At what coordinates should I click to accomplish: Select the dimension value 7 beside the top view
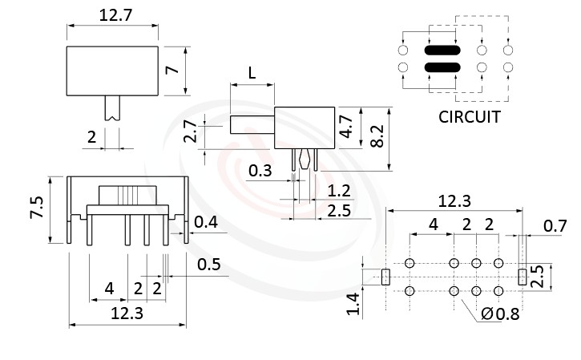click(171, 70)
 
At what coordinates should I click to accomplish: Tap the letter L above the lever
click(252, 73)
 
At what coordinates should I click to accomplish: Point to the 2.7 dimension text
click(190, 131)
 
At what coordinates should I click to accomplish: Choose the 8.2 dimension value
click(376, 138)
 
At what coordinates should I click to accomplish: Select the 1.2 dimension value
click(340, 190)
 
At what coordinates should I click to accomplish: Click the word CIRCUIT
click(470, 117)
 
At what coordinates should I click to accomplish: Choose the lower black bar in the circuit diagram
click(442, 67)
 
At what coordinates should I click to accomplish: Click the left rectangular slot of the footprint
click(385, 277)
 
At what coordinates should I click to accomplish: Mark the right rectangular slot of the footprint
click(522, 277)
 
